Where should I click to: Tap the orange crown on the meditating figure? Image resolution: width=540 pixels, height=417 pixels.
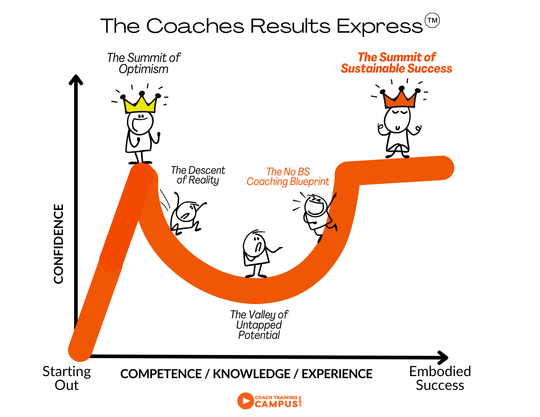[400, 99]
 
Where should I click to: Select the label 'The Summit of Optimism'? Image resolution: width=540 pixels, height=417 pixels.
[144, 63]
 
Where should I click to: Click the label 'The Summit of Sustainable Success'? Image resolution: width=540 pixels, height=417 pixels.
[396, 63]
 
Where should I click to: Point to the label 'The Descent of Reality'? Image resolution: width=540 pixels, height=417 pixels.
[198, 175]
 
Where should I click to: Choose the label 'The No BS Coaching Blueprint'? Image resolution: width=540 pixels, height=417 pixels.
[288, 176]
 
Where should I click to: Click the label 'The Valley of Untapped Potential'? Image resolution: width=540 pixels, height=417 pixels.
[259, 325]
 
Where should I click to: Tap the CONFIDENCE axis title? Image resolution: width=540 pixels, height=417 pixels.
[58, 244]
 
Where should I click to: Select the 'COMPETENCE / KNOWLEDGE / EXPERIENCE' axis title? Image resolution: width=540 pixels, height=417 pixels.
[246, 374]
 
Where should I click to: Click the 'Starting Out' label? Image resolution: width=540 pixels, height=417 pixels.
[66, 378]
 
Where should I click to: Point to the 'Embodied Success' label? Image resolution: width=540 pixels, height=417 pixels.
[440, 378]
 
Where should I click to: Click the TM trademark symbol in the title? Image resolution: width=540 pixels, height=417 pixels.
[432, 20]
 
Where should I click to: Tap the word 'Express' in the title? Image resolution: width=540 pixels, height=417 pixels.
[379, 26]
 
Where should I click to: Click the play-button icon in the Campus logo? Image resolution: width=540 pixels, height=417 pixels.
[245, 401]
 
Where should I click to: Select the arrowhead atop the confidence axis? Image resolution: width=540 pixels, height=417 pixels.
[76, 80]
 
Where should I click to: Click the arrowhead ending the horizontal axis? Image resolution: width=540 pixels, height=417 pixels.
[443, 358]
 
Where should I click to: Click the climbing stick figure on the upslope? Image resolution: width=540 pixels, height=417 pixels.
[318, 215]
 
